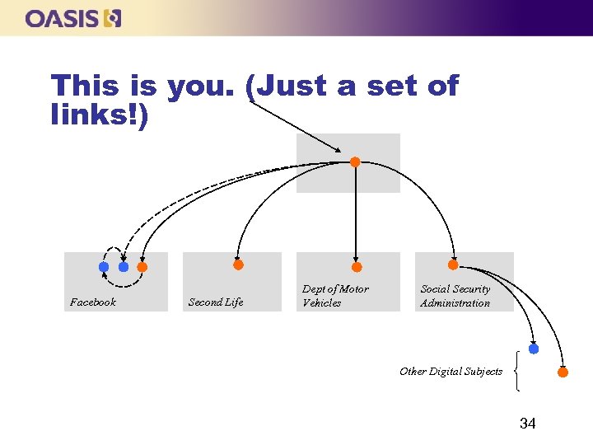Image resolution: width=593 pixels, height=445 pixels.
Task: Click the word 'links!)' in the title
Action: [100, 116]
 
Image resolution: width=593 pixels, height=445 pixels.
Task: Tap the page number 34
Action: [527, 424]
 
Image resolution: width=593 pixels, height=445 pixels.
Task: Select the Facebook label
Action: [93, 302]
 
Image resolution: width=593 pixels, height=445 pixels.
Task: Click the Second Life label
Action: [216, 302]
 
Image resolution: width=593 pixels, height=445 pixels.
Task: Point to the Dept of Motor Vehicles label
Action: [335, 296]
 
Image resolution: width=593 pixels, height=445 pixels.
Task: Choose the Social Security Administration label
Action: [455, 296]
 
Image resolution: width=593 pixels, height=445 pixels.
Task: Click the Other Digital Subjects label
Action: [451, 372]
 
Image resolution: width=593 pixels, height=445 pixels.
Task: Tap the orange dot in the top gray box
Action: [355, 162]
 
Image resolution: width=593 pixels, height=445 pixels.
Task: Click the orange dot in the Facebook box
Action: [142, 267]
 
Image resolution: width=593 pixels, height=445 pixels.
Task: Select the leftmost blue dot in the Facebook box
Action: [104, 267]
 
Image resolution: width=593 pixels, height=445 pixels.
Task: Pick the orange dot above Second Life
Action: [238, 265]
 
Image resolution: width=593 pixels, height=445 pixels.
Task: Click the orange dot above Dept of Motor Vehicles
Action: [357, 267]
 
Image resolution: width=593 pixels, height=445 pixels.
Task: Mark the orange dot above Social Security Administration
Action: [453, 265]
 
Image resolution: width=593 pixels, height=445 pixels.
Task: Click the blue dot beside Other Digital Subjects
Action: [534, 349]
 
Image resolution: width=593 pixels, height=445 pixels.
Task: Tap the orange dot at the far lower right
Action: [563, 372]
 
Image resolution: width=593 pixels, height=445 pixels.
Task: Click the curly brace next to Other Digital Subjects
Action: [516, 371]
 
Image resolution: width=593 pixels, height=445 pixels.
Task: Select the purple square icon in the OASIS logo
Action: [114, 18]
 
